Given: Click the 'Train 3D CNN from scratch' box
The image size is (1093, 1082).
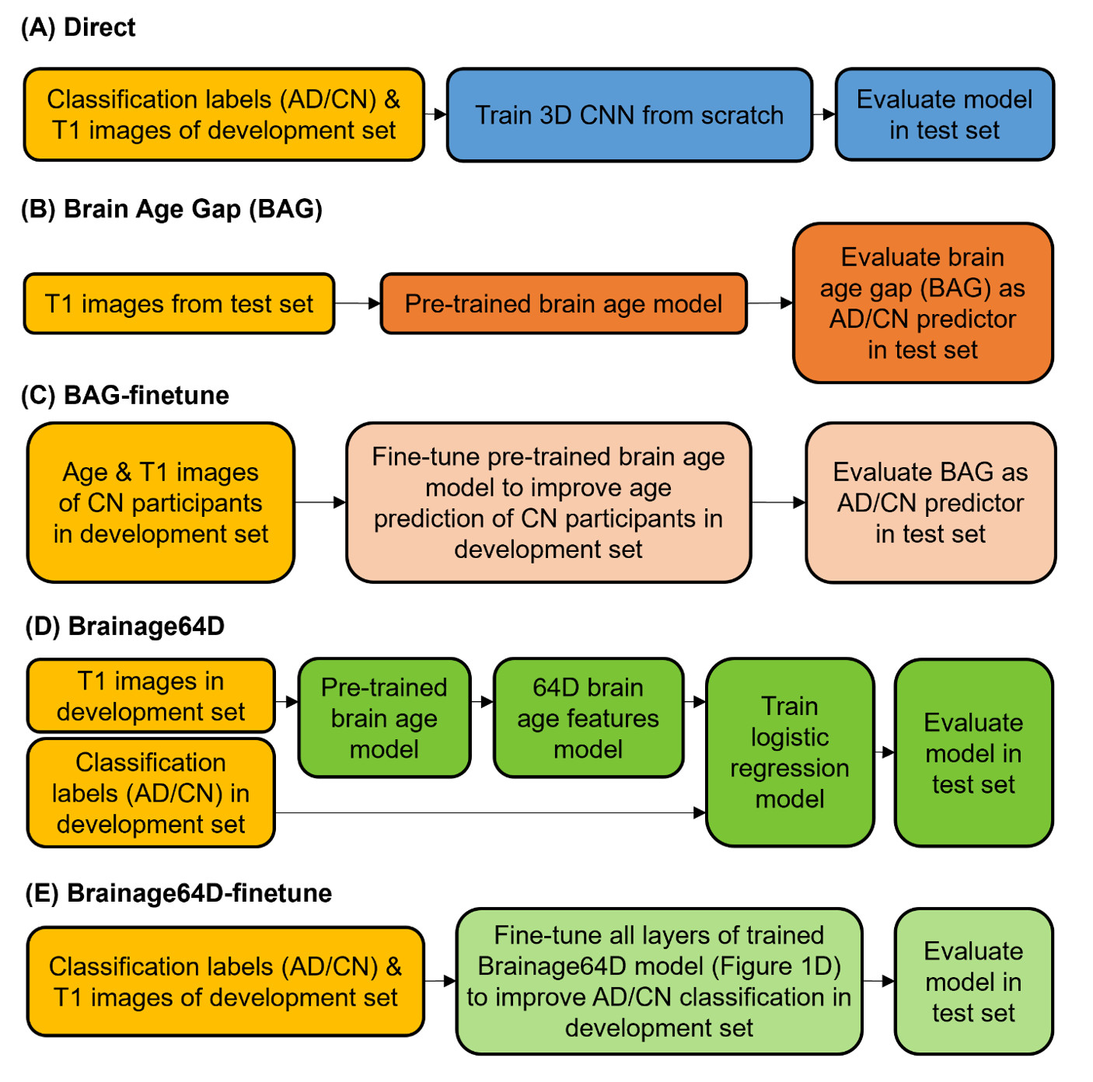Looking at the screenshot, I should pyautogui.click(x=629, y=115).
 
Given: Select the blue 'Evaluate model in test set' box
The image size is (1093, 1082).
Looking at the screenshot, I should pyautogui.click(x=944, y=115).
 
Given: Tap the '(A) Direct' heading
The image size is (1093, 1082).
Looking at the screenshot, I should pyautogui.click(x=79, y=28).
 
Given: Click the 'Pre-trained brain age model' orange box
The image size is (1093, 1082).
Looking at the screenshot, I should pyautogui.click(x=563, y=304).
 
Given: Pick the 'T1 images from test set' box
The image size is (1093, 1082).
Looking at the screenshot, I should pyautogui.click(x=179, y=304).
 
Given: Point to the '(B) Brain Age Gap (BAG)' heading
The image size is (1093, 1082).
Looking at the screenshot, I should pyautogui.click(x=172, y=209).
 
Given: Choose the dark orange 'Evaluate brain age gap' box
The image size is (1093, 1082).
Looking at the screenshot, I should pyautogui.click(x=922, y=303).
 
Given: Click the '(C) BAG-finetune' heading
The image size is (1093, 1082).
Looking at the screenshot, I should pyautogui.click(x=125, y=396).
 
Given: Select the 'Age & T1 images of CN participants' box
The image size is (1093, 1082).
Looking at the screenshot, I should pyautogui.click(x=161, y=503).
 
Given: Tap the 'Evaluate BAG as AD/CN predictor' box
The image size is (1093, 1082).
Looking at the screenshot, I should pyautogui.click(x=930, y=503).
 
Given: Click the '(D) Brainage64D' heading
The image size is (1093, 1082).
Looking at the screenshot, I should pyautogui.click(x=125, y=627).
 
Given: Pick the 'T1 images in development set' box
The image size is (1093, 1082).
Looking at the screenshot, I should pyautogui.click(x=151, y=696).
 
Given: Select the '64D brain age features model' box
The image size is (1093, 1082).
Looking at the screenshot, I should pyautogui.click(x=588, y=718).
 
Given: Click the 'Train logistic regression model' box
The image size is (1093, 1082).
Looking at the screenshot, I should pyautogui.click(x=790, y=752).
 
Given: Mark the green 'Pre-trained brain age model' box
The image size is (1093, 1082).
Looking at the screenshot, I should pyautogui.click(x=384, y=718).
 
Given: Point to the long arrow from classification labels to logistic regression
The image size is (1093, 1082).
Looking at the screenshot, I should pyautogui.click(x=490, y=813).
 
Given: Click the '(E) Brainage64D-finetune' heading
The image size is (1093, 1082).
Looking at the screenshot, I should pyautogui.click(x=179, y=894).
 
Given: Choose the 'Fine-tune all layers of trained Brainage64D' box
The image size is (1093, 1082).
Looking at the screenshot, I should pyautogui.click(x=658, y=981).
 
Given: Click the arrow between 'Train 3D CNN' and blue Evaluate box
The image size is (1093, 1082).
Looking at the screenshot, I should pyautogui.click(x=824, y=114).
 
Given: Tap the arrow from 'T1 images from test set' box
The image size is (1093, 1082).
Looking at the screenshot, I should pyautogui.click(x=357, y=303).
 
